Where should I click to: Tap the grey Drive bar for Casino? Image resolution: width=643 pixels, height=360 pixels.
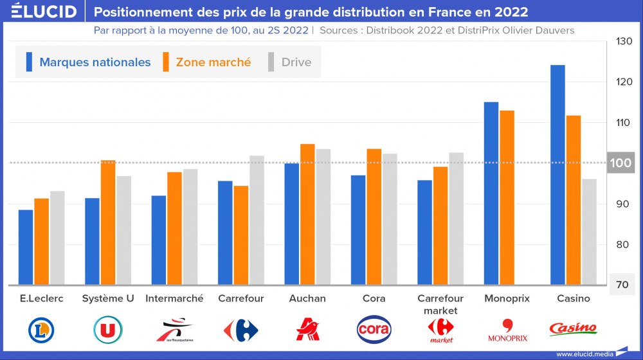click(589, 231)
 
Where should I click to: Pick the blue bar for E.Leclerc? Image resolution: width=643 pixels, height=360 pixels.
click(26, 247)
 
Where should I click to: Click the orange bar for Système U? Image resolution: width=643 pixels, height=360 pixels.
click(108, 222)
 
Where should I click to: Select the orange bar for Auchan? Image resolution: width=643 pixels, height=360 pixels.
click(307, 214)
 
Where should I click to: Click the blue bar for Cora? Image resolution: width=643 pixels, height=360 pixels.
click(358, 230)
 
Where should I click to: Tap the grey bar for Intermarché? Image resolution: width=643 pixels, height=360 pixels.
click(190, 226)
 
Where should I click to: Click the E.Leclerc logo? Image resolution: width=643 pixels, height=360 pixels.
click(41, 330)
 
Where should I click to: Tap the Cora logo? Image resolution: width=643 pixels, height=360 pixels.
click(374, 329)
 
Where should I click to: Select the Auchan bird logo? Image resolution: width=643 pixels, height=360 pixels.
click(307, 329)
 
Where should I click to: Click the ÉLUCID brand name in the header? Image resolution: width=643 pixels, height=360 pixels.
click(44, 12)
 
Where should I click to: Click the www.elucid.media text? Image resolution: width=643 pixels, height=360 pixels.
click(584, 354)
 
